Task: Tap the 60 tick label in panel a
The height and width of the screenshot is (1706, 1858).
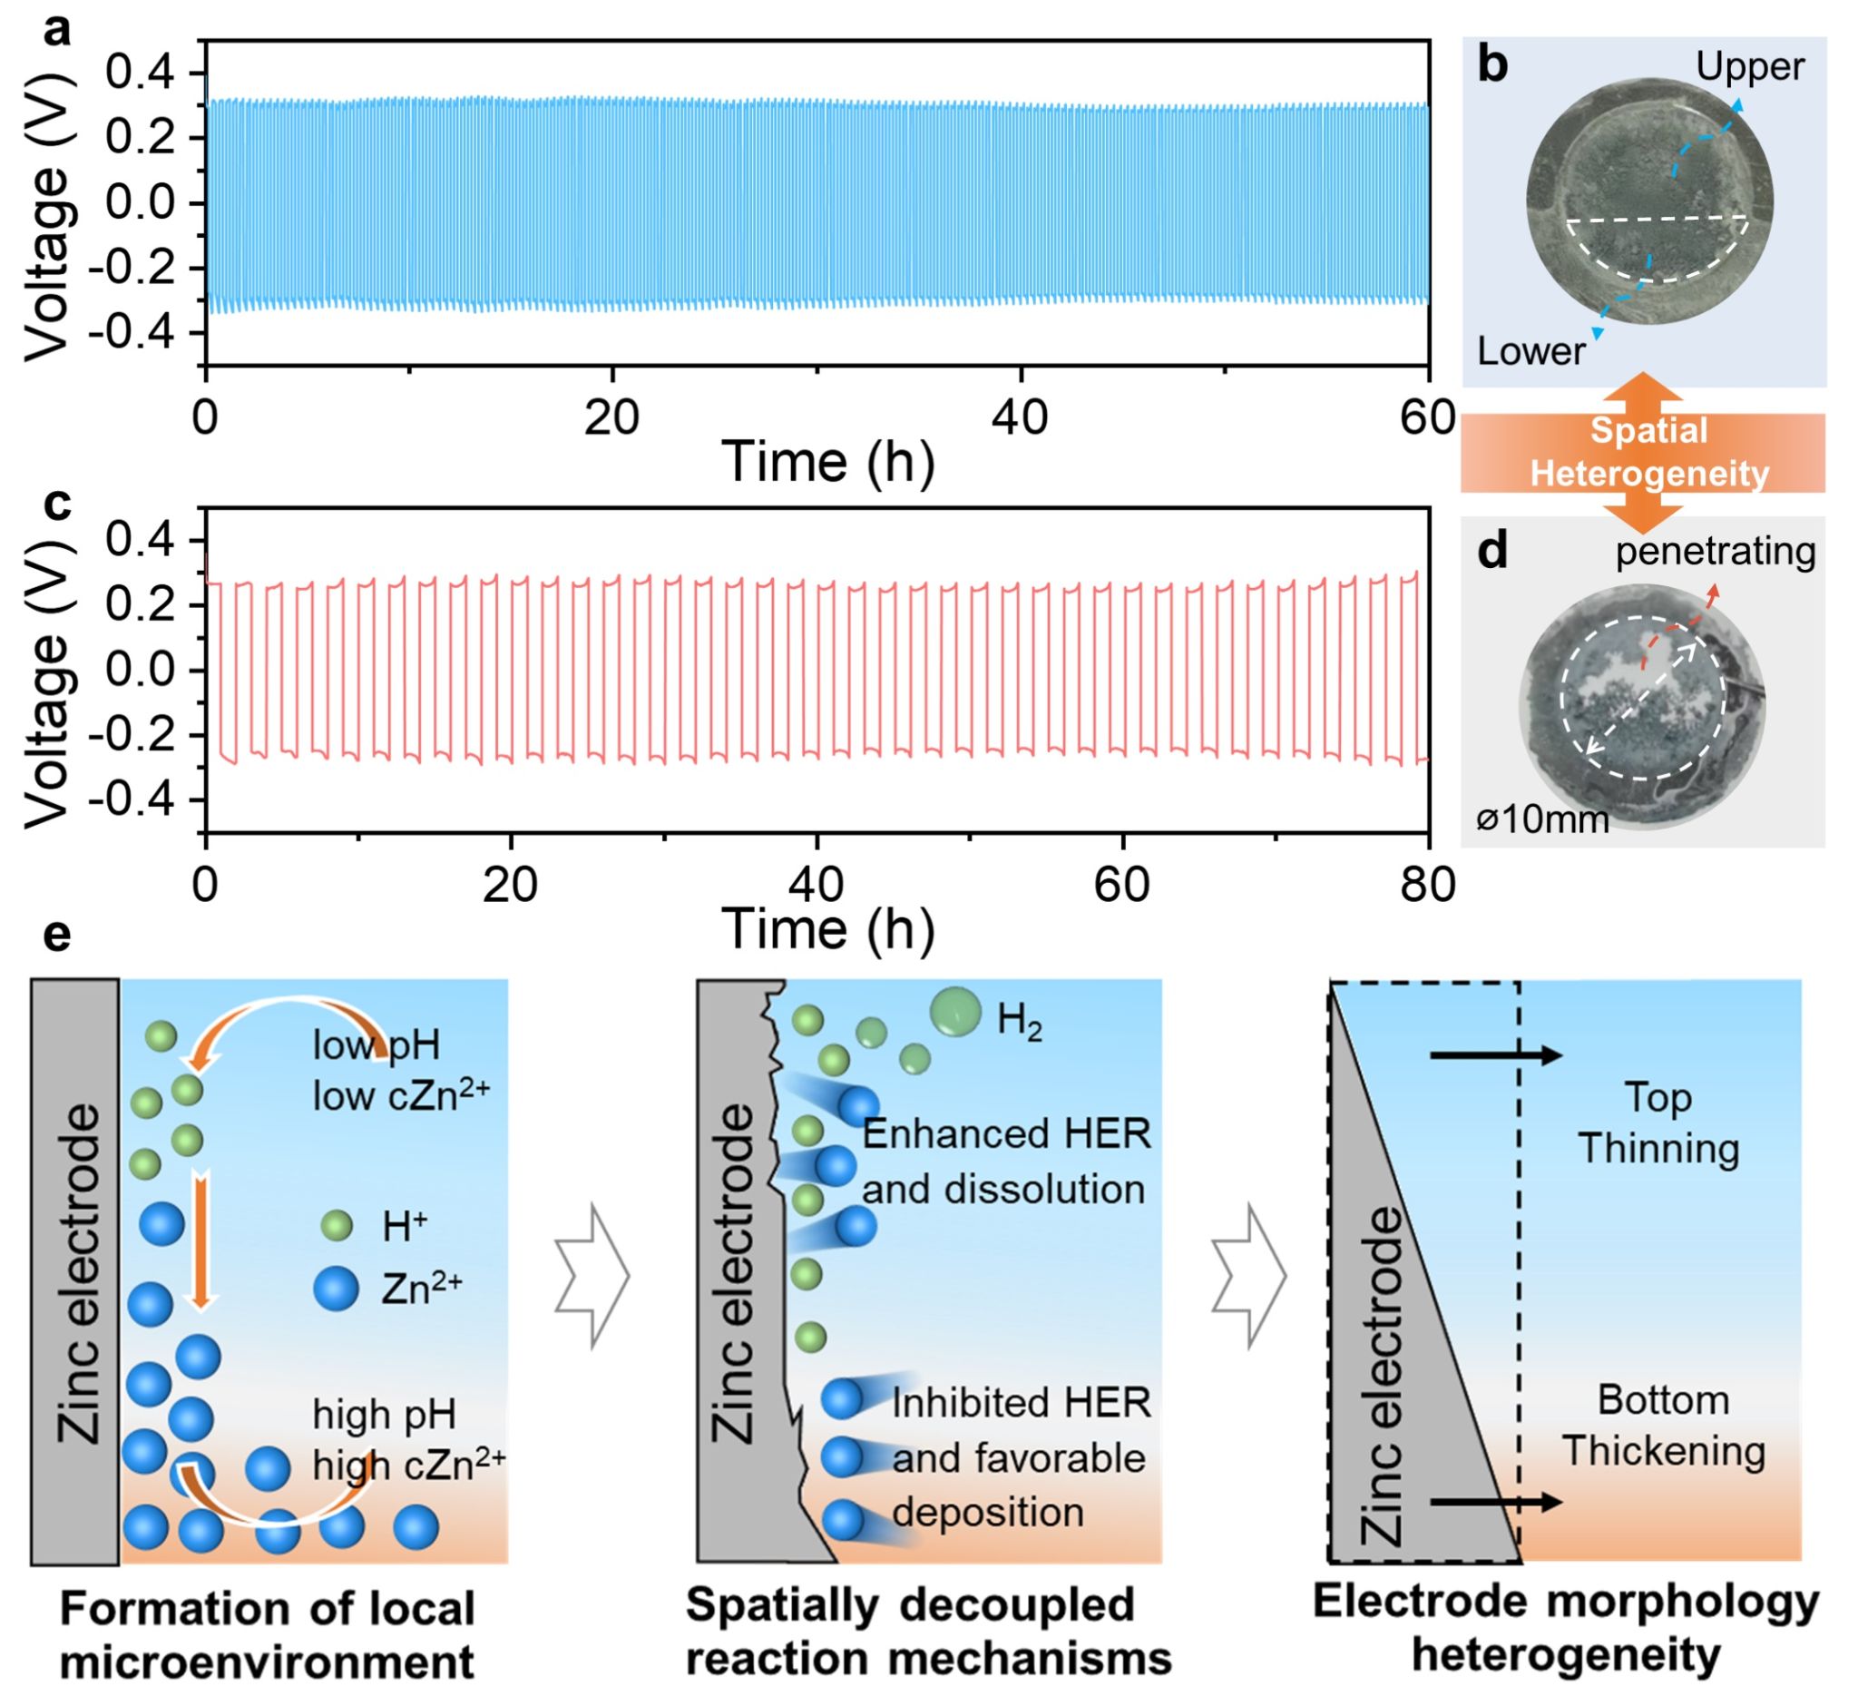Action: tap(1427, 418)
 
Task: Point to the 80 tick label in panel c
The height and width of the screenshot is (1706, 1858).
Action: tap(1427, 886)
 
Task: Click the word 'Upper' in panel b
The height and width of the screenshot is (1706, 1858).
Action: tap(1749, 66)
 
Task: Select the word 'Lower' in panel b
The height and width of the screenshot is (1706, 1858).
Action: tap(1530, 351)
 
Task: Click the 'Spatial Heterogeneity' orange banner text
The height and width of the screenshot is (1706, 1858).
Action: tap(1648, 452)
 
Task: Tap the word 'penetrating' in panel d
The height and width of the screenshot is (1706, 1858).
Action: tap(1715, 552)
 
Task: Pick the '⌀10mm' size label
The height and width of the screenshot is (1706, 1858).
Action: tap(1541, 819)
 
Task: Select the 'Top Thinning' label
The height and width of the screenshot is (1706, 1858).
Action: tap(1658, 1123)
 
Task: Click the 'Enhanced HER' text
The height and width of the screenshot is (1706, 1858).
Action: tap(1006, 1134)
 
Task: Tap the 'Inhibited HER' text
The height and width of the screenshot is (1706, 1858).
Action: tap(1021, 1403)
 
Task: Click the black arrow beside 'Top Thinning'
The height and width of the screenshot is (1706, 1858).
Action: tap(1494, 1056)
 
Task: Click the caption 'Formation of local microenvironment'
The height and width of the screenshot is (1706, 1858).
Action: tap(267, 1635)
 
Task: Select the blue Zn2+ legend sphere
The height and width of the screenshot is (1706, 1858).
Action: tap(336, 1288)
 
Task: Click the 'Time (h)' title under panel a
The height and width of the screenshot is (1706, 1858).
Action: tap(827, 462)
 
